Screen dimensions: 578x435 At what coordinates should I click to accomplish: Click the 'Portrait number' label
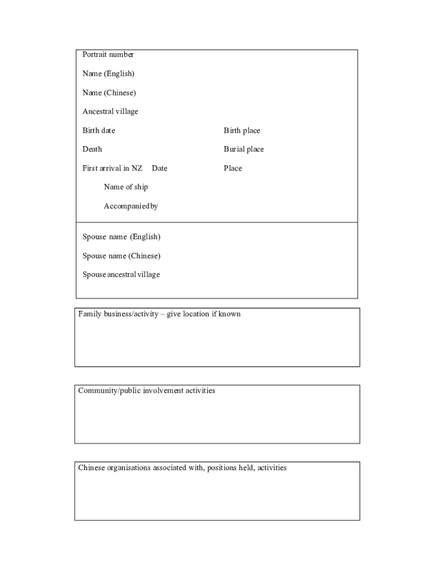tap(108, 55)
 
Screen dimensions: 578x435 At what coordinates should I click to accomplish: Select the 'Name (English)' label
tap(108, 74)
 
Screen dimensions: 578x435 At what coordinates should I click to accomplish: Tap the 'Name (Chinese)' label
tap(109, 93)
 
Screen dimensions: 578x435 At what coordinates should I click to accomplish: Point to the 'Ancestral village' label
tap(110, 112)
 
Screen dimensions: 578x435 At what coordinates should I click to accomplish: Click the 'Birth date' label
tap(99, 130)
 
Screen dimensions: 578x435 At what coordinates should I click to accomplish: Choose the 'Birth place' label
tap(242, 130)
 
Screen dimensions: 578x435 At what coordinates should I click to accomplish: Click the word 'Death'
tap(93, 149)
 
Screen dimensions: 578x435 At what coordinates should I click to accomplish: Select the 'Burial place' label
tap(243, 149)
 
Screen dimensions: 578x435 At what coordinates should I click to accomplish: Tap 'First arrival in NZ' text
tap(112, 168)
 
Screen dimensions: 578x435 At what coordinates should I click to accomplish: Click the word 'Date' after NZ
tap(159, 168)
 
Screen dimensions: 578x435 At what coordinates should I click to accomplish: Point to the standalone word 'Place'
tap(233, 168)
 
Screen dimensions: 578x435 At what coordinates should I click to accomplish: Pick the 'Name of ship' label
tap(126, 187)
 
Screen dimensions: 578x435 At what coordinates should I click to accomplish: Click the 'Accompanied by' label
tap(130, 206)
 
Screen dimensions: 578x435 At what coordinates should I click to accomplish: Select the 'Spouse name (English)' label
tap(121, 237)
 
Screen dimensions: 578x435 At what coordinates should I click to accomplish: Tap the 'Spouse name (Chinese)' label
tap(121, 256)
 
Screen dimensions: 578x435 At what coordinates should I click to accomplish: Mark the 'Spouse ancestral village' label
tap(121, 275)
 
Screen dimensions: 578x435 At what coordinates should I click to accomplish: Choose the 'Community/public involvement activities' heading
tap(147, 391)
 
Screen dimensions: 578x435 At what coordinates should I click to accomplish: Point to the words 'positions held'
tap(230, 468)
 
